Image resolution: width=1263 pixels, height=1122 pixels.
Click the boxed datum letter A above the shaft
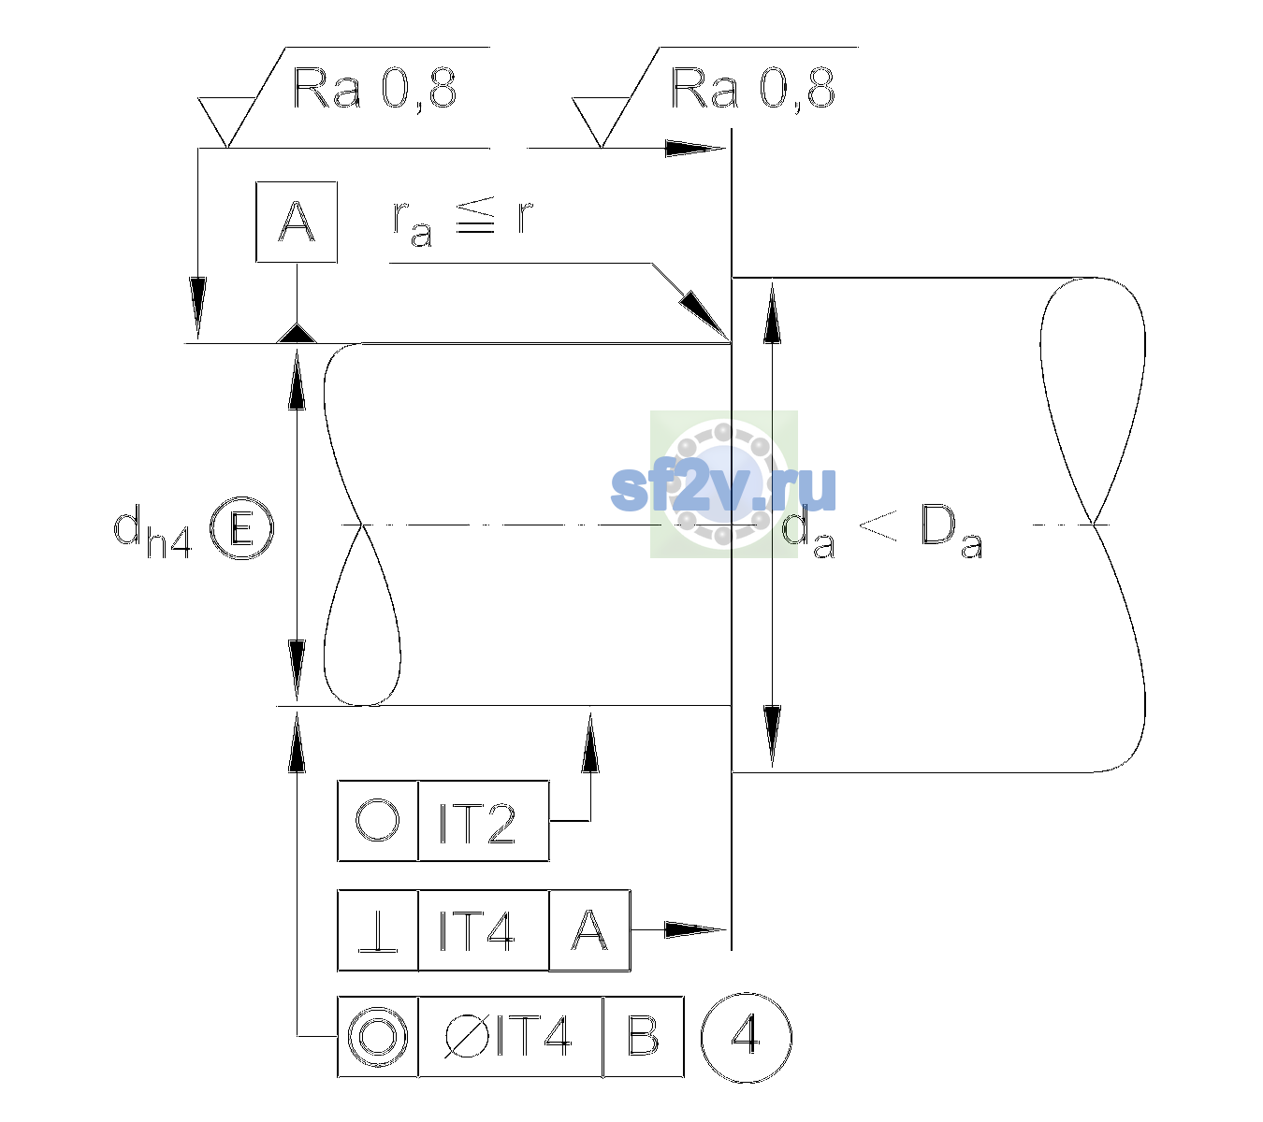coord(297,223)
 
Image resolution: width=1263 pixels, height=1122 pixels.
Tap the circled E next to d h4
coord(241,528)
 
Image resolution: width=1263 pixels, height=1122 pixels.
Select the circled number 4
coord(747,1037)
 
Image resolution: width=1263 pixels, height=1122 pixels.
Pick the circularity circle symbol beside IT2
coord(377,821)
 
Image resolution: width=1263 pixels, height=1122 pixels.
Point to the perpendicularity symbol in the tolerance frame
coord(378,931)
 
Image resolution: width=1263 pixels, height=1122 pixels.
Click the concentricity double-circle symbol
coord(378,1038)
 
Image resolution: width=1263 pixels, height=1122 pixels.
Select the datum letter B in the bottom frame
coord(644,1037)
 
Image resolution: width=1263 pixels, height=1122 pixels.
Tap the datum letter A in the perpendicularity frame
coord(589,930)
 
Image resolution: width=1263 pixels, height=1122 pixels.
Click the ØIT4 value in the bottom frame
coord(507,1037)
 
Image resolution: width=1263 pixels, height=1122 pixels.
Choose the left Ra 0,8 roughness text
coord(374,89)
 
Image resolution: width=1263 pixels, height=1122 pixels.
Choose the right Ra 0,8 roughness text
coord(752,89)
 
